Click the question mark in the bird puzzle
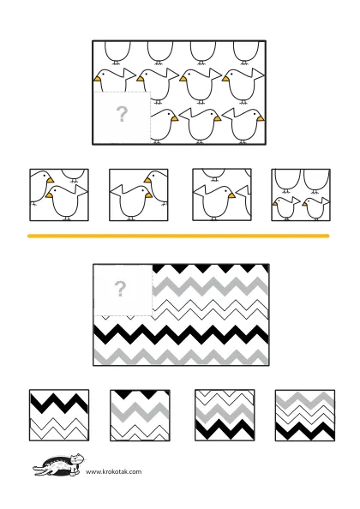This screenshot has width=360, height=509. coord(122,114)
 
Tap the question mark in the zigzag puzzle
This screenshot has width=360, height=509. coord(120,289)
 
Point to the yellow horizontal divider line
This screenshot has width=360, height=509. coord(178,236)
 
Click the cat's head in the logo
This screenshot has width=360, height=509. coord(77,458)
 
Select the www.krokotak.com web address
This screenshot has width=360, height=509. coord(114,471)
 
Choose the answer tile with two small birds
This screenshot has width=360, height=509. coord(301,195)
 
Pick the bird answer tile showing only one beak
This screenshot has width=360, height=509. coord(222,195)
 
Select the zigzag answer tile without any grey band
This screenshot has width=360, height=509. coord(59,416)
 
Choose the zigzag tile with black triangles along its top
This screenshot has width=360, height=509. coord(140,416)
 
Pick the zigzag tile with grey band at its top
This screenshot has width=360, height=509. coord(305,416)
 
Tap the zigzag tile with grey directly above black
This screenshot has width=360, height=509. coord(225,416)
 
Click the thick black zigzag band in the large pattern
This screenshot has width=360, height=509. coord(181,335)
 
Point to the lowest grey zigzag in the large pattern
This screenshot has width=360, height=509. coord(181,356)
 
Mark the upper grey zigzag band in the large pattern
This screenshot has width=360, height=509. coord(210,286)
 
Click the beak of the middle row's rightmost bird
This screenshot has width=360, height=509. coord(225,79)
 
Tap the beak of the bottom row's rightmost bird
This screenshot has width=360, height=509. coord(261,119)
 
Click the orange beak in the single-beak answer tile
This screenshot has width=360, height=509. coord(231,195)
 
